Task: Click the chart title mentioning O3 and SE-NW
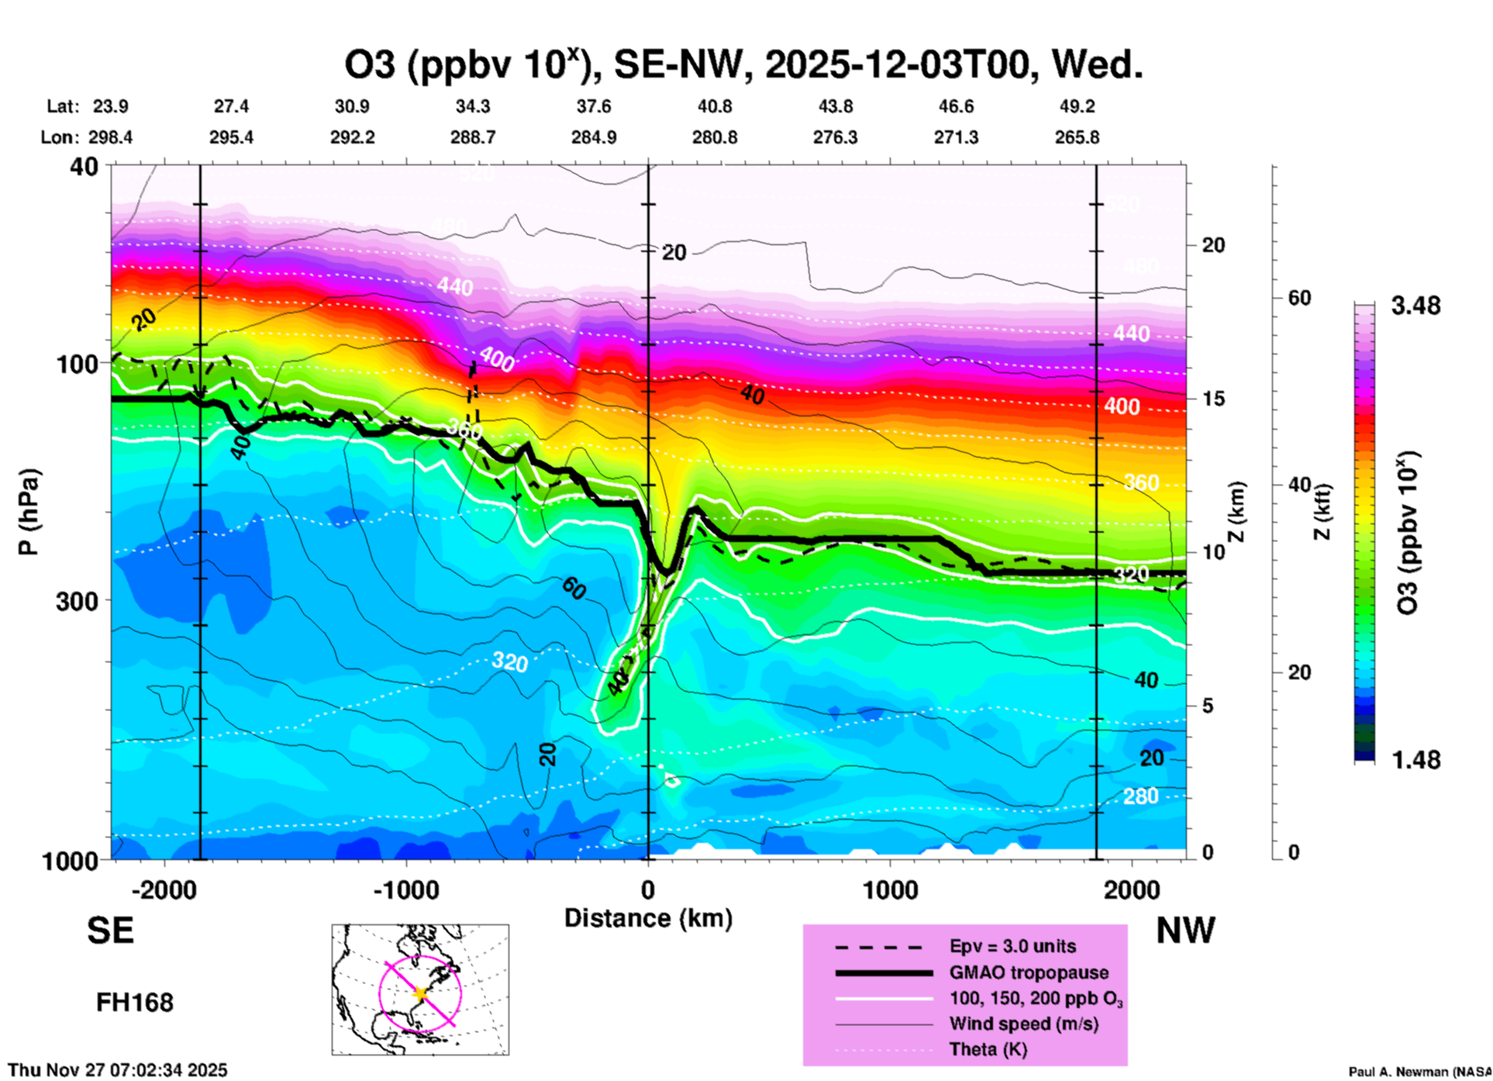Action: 743,64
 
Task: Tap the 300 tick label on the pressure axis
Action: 77,600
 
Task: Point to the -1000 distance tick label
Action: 405,889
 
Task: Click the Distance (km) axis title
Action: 648,918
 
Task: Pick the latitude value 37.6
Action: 594,106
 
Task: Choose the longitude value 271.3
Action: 956,137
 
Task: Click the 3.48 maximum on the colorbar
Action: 1415,306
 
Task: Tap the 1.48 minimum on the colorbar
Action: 1415,759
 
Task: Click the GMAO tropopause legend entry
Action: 1029,972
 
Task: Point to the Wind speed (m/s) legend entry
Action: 1023,1024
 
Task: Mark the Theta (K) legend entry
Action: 988,1049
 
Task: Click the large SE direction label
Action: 110,931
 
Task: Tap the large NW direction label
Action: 1185,931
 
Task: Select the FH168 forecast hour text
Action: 134,1003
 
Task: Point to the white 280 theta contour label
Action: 1140,796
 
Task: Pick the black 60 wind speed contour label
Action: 574,589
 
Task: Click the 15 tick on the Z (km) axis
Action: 1213,399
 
